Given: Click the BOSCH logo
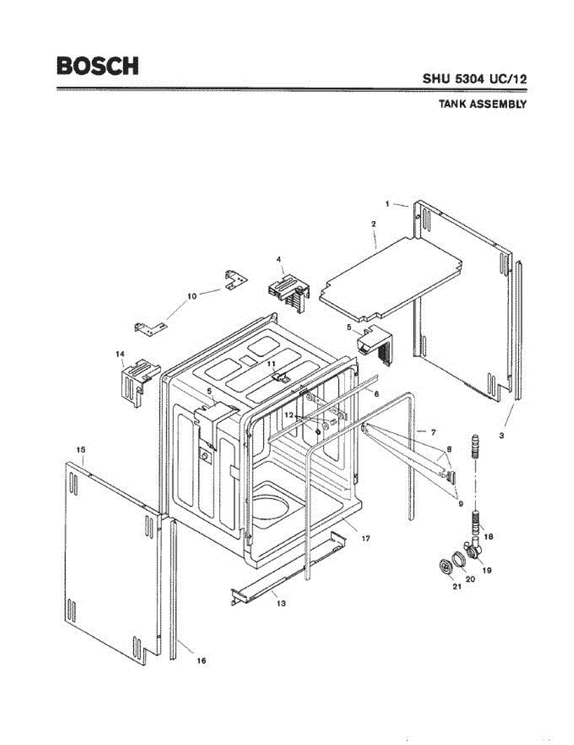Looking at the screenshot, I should tap(97, 66).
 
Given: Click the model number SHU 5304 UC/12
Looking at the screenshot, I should tap(475, 79).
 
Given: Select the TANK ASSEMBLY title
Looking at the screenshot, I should tap(483, 104).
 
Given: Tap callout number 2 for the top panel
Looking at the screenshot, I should tap(374, 223).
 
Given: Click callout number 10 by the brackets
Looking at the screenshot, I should tap(192, 296).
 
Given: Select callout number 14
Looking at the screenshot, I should tap(120, 354).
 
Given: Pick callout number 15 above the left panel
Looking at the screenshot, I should tap(81, 449).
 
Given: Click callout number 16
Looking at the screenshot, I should tap(201, 661).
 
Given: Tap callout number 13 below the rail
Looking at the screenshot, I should tap(281, 603).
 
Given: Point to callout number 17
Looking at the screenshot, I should tap(366, 539).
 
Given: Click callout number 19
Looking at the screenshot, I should tap(488, 570).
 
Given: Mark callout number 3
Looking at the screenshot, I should tap(501, 436).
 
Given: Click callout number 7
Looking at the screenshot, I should tap(434, 430).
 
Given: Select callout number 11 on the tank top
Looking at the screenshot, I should tap(271, 363).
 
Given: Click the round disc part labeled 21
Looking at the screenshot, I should tap(444, 566).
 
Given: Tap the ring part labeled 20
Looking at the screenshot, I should tap(457, 558).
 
